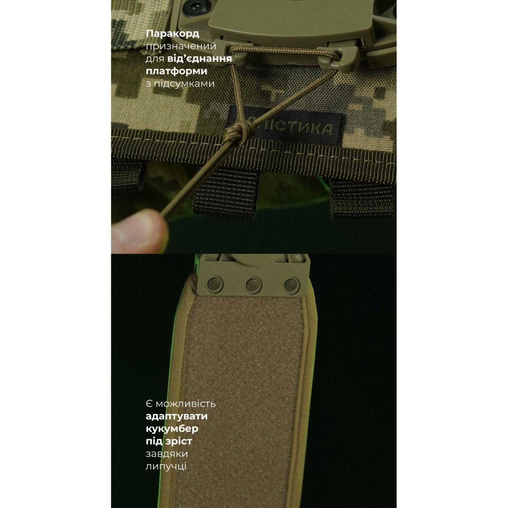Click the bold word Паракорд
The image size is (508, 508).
(172, 34)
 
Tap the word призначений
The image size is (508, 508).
(181, 47)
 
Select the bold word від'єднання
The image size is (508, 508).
(200, 59)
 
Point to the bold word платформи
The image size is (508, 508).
(176, 71)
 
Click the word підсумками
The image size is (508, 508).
(184, 84)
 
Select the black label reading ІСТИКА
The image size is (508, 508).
(285, 127)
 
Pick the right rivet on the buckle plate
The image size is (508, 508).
(292, 285)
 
